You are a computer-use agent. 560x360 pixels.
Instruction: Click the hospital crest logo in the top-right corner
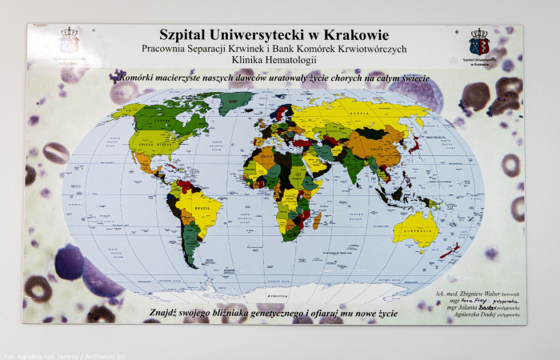(479, 43)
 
